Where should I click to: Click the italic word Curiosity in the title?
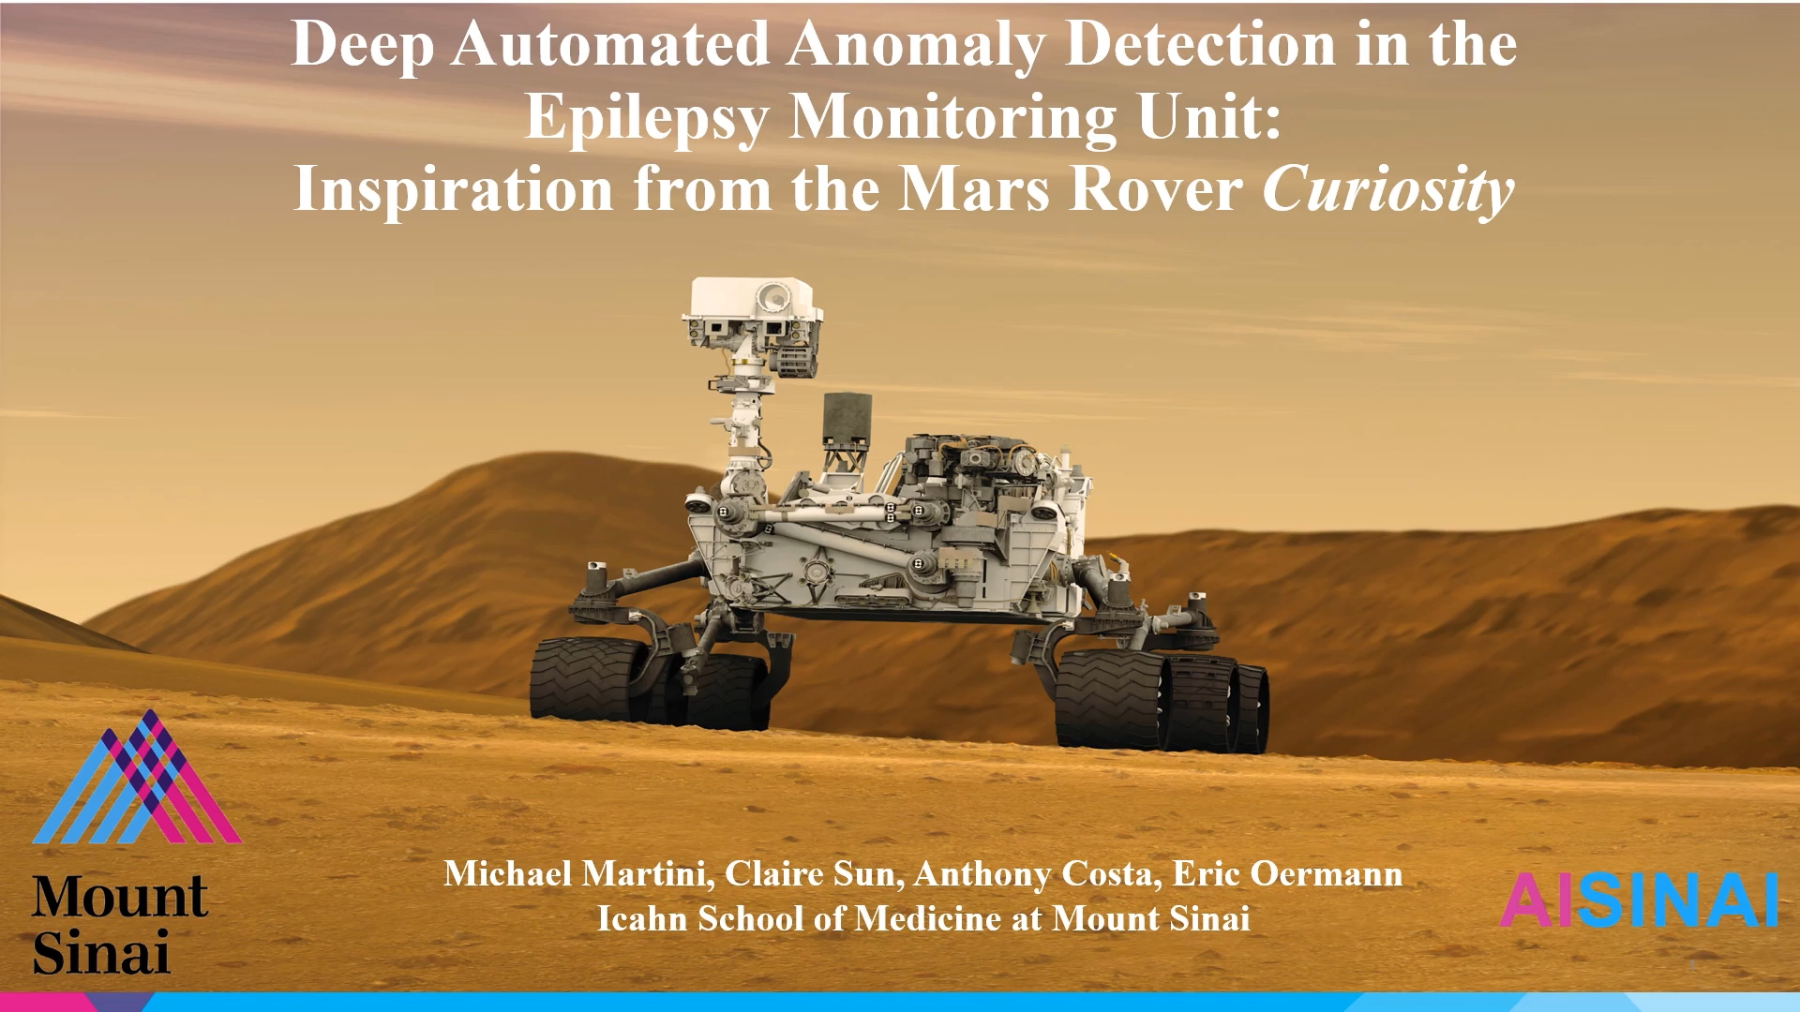1388,191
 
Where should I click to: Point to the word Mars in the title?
975,189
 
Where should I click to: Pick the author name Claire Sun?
809,874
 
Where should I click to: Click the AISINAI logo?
1640,900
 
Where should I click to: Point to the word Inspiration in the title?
454,191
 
